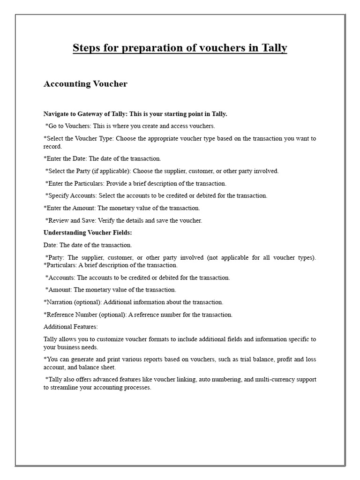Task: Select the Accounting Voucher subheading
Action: coord(85,84)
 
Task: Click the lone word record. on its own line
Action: coord(52,146)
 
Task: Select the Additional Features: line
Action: coord(71,327)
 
